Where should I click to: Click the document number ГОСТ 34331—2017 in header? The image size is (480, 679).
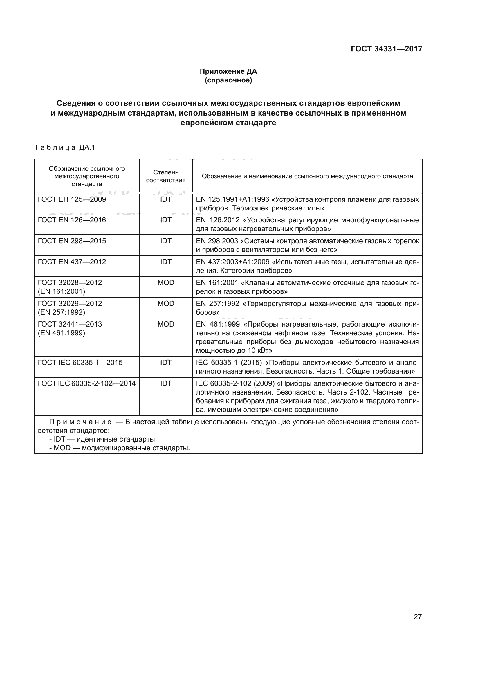tap(386, 49)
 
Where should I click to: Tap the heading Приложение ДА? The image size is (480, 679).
tap(228, 71)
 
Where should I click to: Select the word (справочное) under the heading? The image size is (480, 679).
tap(228, 80)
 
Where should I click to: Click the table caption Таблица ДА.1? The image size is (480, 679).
tap(65, 147)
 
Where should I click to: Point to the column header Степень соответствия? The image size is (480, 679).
tap(165, 176)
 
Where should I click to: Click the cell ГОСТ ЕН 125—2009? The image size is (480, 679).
tap(72, 199)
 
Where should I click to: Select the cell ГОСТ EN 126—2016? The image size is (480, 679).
tap(72, 220)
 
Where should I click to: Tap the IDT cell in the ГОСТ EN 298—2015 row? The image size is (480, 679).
tap(165, 241)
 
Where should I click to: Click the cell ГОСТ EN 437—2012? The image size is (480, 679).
tap(72, 262)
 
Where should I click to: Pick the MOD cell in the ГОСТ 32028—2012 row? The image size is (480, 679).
tap(165, 283)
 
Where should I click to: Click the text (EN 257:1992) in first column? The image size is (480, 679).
tap(62, 312)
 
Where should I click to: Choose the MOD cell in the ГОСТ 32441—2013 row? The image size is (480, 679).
tap(165, 324)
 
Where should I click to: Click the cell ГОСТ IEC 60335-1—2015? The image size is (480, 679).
tap(80, 363)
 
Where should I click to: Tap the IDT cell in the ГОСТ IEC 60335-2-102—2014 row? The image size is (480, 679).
tap(165, 383)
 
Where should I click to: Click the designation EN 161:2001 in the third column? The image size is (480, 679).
tap(217, 283)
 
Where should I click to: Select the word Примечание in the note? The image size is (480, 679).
tap(80, 422)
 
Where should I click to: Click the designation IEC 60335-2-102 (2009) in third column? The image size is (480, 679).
tap(235, 383)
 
